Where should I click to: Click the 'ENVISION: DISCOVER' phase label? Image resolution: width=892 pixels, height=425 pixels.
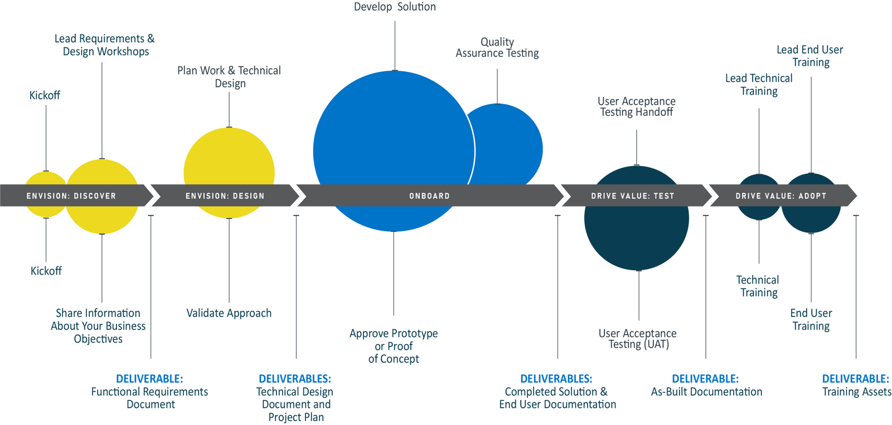point(71,196)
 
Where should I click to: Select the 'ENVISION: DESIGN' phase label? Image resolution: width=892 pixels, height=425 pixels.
point(225,196)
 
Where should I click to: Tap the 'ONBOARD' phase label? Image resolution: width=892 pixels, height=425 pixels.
point(429,196)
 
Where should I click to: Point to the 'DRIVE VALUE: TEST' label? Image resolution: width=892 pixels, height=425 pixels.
point(633,196)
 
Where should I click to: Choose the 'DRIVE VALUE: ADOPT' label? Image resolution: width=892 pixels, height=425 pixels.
point(780,196)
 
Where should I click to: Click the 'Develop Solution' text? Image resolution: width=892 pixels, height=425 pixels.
point(395,7)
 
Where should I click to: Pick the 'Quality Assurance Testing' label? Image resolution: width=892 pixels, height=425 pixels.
point(497,48)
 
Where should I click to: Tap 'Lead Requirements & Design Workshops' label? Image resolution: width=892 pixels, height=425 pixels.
point(105,45)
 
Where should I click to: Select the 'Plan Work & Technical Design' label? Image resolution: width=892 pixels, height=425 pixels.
point(229,77)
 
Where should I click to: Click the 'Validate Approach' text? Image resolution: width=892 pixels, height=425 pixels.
point(229,313)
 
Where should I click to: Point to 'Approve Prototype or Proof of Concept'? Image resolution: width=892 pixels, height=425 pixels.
point(394,346)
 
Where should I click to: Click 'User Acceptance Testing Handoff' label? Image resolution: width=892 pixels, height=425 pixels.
point(637,106)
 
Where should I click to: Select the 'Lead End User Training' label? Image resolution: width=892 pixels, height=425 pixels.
point(810,56)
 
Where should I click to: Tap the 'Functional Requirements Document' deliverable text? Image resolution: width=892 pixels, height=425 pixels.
point(150,398)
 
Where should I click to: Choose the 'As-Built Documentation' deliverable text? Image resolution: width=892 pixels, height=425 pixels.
point(706,392)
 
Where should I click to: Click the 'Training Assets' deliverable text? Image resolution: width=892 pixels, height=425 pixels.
point(856,392)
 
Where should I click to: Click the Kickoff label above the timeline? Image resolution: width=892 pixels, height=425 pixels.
point(45,95)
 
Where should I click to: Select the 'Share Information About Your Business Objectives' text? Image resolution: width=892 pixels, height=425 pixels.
point(98,326)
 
